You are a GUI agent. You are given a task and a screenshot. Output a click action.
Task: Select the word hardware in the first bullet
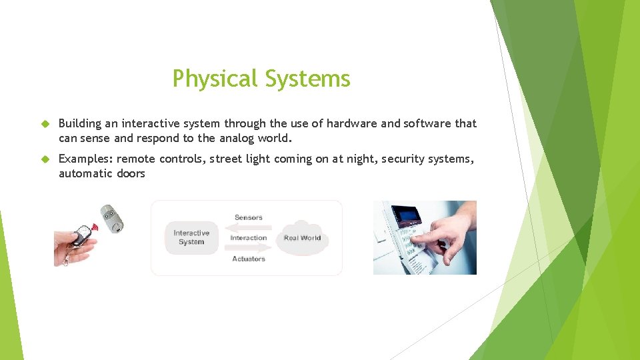[352, 123]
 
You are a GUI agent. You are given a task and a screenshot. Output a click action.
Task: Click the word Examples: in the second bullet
[85, 159]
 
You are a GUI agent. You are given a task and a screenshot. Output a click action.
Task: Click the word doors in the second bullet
[131, 173]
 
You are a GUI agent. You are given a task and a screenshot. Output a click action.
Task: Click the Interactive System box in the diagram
[191, 238]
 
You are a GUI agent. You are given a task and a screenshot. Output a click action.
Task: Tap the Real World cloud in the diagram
[302, 238]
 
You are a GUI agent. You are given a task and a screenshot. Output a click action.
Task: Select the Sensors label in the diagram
[248, 217]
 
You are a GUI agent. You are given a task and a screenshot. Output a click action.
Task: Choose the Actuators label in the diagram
[248, 259]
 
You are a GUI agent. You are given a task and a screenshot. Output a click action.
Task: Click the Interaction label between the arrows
[248, 238]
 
